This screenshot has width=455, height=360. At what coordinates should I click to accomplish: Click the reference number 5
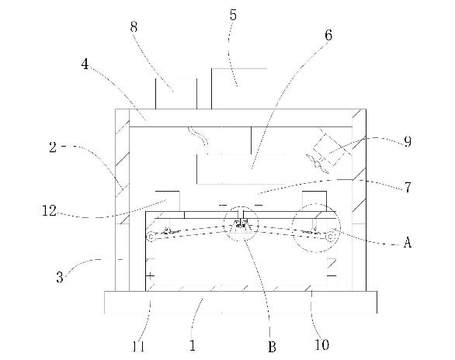pos(233,15)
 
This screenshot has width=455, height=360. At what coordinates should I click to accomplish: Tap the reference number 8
pos(134,27)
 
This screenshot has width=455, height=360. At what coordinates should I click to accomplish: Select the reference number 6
pos(328,35)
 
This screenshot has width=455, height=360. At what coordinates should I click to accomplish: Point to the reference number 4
pos(85,64)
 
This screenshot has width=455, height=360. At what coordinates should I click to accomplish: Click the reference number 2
pos(53,147)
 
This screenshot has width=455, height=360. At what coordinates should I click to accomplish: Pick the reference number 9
pos(408,142)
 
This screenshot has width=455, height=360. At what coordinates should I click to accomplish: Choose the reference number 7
pos(408,187)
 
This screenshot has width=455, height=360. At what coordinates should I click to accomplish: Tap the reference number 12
pos(49,210)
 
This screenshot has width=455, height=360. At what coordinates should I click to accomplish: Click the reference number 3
pos(60,277)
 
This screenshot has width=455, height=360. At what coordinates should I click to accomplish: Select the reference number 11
pos(138,346)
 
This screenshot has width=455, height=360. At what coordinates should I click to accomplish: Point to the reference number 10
pos(322,344)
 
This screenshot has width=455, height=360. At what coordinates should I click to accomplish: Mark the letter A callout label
pos(408,242)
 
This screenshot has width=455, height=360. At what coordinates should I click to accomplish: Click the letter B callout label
pos(272,347)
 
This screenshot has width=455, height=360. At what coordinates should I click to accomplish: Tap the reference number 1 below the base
pos(193,345)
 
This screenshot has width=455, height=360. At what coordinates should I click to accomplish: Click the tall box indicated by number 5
pos(239,89)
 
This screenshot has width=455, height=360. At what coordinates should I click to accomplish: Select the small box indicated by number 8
pos(176,94)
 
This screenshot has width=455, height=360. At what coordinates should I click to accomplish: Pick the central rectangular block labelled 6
pos(241,169)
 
